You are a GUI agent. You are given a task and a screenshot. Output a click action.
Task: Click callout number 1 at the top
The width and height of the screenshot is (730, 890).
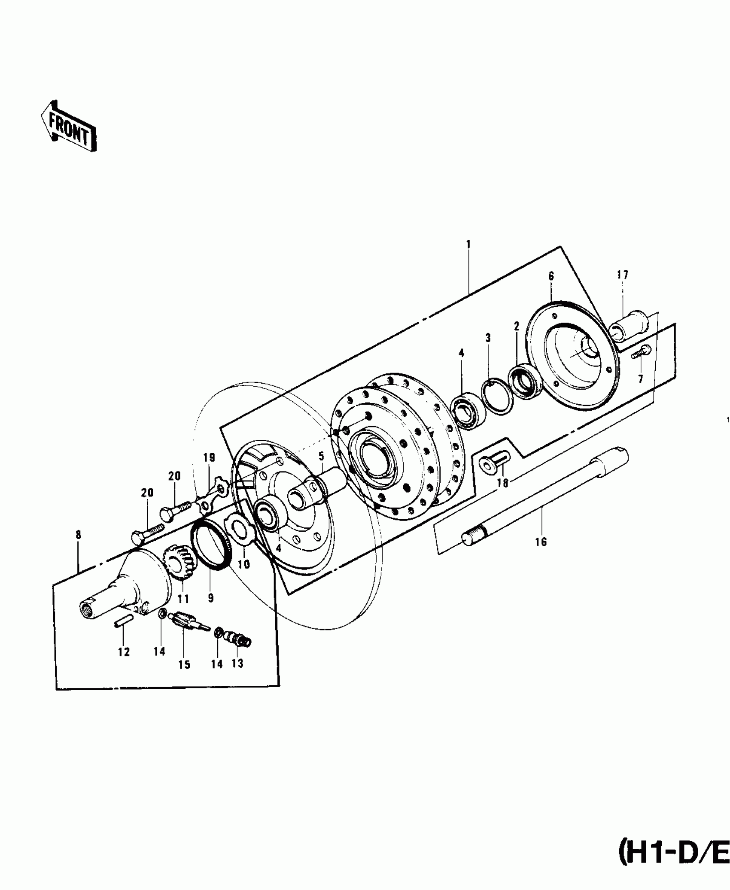click(468, 244)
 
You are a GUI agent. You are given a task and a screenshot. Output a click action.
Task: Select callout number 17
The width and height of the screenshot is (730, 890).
click(623, 275)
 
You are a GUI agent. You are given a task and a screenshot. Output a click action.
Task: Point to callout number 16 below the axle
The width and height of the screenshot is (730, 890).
click(541, 542)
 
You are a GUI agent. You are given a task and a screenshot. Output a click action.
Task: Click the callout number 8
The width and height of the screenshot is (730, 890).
click(78, 535)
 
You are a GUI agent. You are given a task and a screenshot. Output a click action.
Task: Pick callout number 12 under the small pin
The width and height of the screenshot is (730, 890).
click(124, 664)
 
